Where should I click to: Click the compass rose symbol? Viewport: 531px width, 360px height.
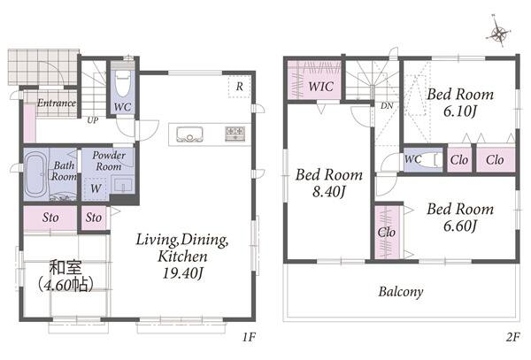[x=498, y=33]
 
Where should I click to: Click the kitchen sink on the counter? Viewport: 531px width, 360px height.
[x=189, y=134]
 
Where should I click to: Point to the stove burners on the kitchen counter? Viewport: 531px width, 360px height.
[x=235, y=134]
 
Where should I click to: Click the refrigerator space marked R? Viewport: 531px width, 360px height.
[x=240, y=87]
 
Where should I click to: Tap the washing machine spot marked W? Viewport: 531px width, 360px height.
[x=96, y=188]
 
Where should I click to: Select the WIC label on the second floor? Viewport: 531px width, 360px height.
[x=320, y=87]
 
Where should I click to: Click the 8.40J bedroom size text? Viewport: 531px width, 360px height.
[x=328, y=192]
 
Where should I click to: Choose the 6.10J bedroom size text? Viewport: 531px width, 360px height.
[x=460, y=111]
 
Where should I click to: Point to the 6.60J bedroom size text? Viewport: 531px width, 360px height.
[x=460, y=226]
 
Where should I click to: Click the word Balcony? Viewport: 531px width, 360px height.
[x=401, y=292]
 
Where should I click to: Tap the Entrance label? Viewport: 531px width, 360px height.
[x=57, y=103]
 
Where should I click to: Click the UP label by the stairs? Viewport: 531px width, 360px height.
[x=92, y=120]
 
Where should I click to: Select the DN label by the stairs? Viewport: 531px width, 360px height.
[x=387, y=106]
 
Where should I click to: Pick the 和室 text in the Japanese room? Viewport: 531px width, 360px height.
[x=65, y=267]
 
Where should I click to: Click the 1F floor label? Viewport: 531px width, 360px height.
[x=249, y=337]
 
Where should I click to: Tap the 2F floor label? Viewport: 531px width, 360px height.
[x=512, y=337]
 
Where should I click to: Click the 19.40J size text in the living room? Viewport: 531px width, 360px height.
[x=182, y=273]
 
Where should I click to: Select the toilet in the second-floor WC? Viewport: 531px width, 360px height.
[x=433, y=160]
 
